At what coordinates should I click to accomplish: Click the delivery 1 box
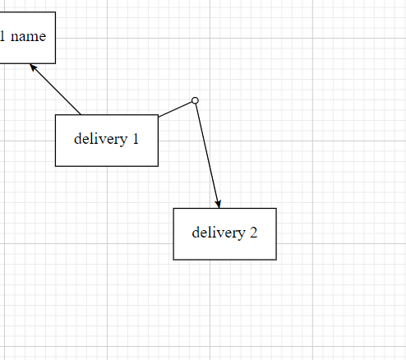click(x=107, y=141)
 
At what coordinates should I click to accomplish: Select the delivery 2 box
click(x=225, y=234)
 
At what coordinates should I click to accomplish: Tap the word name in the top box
click(x=28, y=36)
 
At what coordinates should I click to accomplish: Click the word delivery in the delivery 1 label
click(x=101, y=139)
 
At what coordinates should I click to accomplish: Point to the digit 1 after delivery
click(x=136, y=139)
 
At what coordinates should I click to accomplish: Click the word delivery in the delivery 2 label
click(x=219, y=233)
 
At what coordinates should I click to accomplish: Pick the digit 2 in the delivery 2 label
click(x=253, y=233)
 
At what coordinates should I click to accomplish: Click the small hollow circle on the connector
click(x=195, y=100)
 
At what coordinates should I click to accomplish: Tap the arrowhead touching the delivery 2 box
click(x=218, y=204)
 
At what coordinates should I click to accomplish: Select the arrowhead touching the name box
click(x=33, y=67)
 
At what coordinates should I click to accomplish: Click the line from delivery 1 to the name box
click(x=55, y=89)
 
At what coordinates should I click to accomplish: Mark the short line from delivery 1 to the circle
click(x=175, y=109)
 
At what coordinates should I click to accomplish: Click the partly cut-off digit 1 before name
click(x=2, y=36)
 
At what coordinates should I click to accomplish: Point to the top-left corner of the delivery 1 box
click(x=55, y=115)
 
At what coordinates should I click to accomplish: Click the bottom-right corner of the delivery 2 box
click(x=276, y=260)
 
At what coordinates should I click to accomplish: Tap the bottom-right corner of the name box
click(x=56, y=63)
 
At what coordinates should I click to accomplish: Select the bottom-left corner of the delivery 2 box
click(x=173, y=260)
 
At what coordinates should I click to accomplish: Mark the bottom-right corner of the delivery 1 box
click(x=159, y=166)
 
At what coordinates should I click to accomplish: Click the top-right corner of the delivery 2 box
click(x=276, y=208)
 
